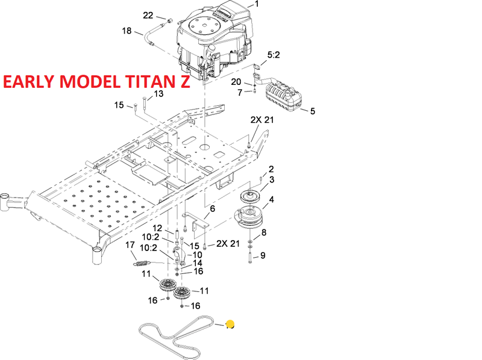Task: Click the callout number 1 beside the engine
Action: (257, 4)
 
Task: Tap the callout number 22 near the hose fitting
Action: (148, 16)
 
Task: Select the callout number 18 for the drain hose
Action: (127, 31)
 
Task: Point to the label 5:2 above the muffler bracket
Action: (274, 54)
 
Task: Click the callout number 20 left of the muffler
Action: (236, 82)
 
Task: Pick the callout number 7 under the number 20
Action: (239, 92)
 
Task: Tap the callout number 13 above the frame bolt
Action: (158, 94)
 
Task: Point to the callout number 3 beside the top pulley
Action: (272, 179)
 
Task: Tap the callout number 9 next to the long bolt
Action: (263, 255)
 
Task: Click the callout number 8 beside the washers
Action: (263, 232)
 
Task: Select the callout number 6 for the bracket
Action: (212, 208)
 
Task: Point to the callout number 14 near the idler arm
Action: (198, 263)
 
